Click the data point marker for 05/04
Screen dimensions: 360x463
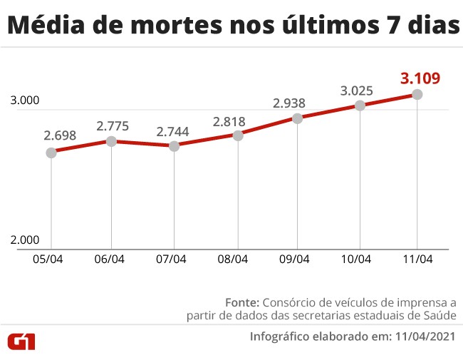pyautogui.click(x=51, y=153)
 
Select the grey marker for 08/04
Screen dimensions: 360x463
pyautogui.click(x=238, y=135)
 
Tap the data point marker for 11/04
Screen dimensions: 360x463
pyautogui.click(x=417, y=94)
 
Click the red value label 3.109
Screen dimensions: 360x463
pyautogui.click(x=420, y=78)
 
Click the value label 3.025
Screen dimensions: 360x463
pyautogui.click(x=358, y=91)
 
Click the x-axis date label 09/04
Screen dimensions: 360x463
pyautogui.click(x=294, y=259)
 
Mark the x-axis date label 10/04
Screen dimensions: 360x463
pyautogui.click(x=356, y=259)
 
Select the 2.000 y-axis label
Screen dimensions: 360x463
pyautogui.click(x=25, y=240)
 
